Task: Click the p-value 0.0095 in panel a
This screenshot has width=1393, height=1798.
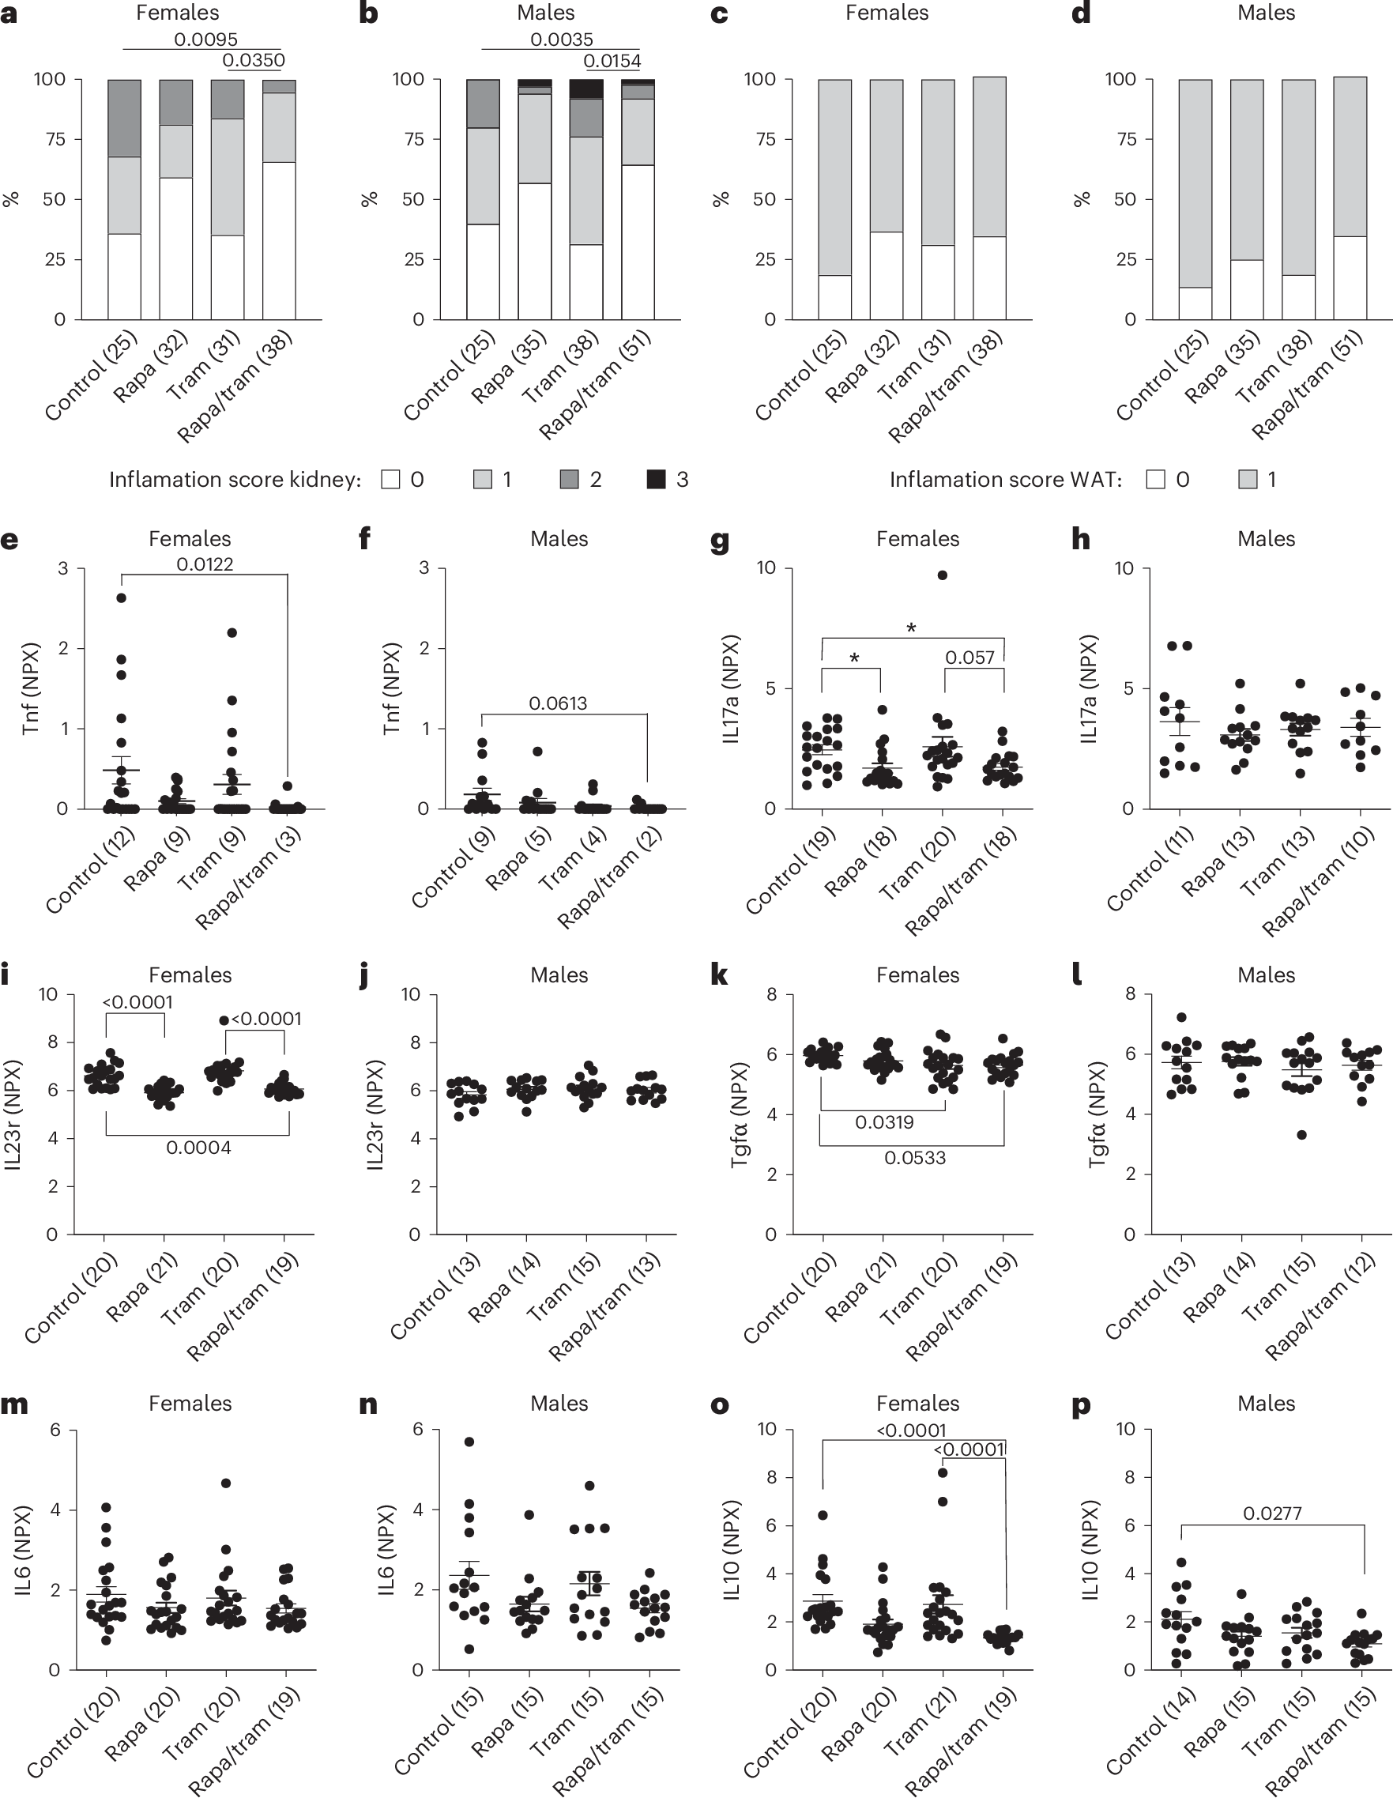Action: click(x=205, y=39)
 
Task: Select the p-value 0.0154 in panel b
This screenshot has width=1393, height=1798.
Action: click(x=612, y=60)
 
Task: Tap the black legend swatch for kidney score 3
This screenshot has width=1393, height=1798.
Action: click(x=656, y=479)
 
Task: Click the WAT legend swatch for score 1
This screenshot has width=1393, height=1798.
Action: click(x=1248, y=479)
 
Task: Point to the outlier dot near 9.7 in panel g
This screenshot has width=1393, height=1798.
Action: click(x=943, y=575)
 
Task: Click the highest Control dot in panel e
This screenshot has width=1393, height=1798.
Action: click(x=121, y=598)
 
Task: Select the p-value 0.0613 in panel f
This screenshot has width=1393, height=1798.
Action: click(x=557, y=703)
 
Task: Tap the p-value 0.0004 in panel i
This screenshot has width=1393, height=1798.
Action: click(x=198, y=1148)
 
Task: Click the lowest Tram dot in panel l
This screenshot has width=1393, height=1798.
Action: click(x=1301, y=1134)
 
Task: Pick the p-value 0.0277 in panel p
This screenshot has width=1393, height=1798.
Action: click(x=1272, y=1513)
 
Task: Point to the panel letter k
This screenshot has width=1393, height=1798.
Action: click(x=719, y=974)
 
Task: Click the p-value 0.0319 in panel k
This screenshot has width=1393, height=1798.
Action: click(x=884, y=1121)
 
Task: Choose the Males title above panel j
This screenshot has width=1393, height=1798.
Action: click(x=559, y=974)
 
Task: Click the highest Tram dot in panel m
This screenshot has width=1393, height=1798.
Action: click(x=227, y=1483)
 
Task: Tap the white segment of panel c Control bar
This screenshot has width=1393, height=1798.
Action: click(x=835, y=297)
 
